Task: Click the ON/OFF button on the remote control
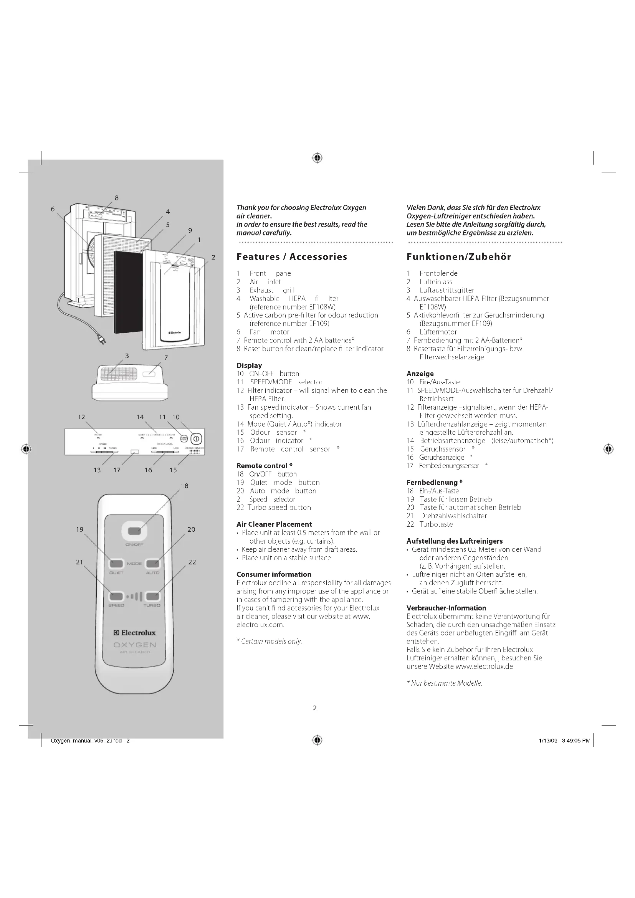pos(134,531)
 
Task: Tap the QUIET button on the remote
pos(116,564)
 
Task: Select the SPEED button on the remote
pos(116,596)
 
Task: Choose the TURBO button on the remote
pos(152,596)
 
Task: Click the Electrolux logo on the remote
pos(134,633)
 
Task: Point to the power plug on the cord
pos(102,341)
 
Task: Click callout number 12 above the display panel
pos(81,417)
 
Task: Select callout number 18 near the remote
pos(185,486)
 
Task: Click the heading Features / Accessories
pos(292,257)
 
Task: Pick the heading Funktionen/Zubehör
pos(459,257)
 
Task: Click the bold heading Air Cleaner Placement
pos(274,524)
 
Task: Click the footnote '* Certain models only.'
pos(270,641)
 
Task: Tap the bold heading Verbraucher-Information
pos(446,608)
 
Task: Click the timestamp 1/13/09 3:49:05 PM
pos(564,740)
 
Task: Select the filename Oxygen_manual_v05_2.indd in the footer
pos(86,740)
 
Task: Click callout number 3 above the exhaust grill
pos(127,356)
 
